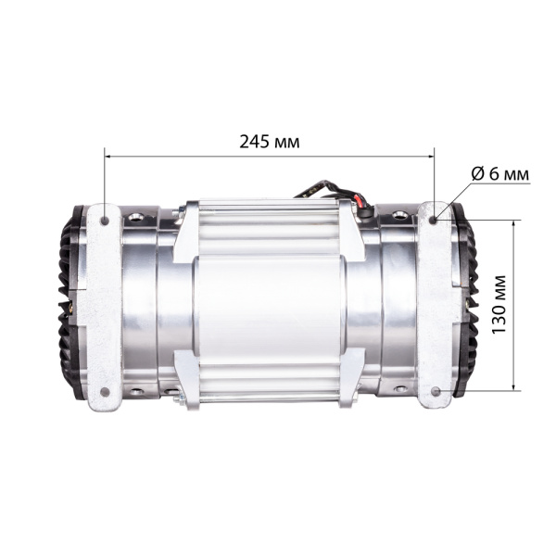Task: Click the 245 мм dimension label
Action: pyautogui.click(x=270, y=142)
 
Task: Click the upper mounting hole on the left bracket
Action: pyautogui.click(x=105, y=221)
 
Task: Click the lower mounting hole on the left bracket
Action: pyautogui.click(x=105, y=391)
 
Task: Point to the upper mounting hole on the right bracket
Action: pyautogui.click(x=435, y=220)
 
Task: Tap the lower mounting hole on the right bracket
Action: pyautogui.click(x=435, y=391)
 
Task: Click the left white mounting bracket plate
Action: pyautogui.click(x=104, y=306)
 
